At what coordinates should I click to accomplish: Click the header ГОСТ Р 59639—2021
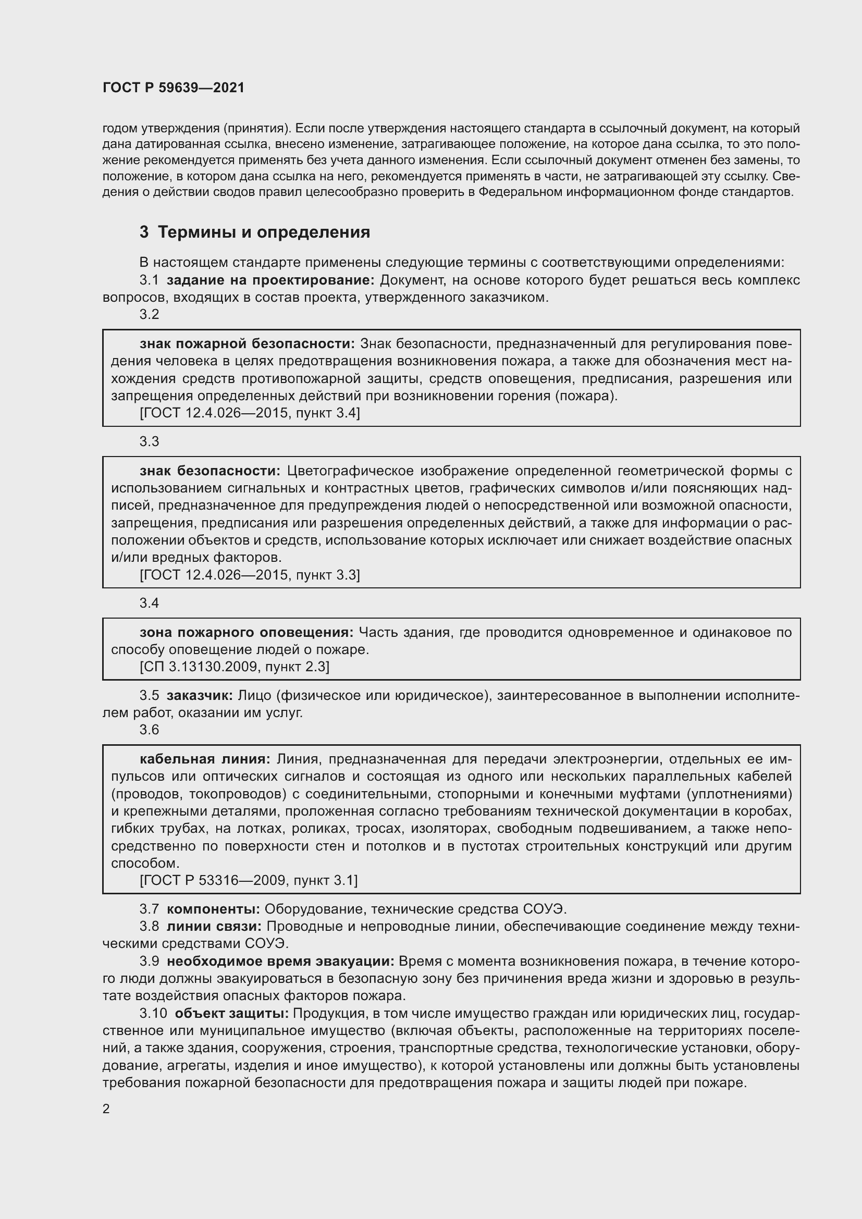click(x=174, y=88)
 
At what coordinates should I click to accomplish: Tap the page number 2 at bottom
click(x=106, y=1109)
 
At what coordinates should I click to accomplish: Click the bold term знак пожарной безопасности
click(x=248, y=343)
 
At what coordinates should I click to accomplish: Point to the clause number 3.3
click(x=149, y=441)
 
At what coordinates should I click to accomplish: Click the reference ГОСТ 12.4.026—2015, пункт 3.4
click(x=250, y=413)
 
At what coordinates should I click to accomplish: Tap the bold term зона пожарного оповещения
click(x=247, y=632)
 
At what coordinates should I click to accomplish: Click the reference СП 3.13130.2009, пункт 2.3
click(x=234, y=667)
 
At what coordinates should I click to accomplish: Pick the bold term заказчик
click(x=200, y=695)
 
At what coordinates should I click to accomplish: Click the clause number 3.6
click(x=149, y=730)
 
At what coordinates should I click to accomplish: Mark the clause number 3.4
click(x=149, y=602)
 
